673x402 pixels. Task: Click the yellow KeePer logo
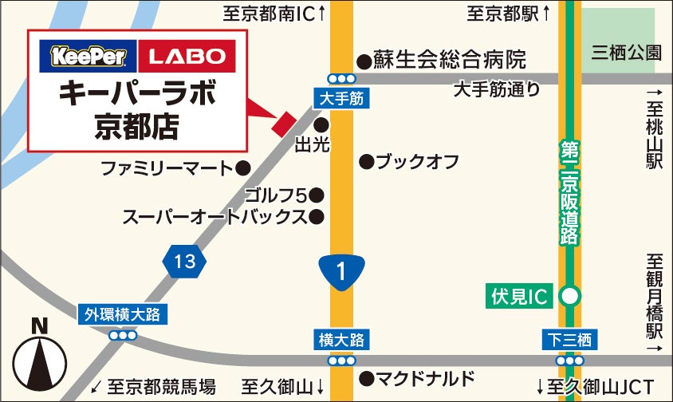pyautogui.click(x=88, y=56)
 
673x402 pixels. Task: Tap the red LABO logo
pyautogui.click(x=187, y=56)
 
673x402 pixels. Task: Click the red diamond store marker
pyautogui.click(x=284, y=124)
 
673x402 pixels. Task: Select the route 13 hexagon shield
pyautogui.click(x=183, y=261)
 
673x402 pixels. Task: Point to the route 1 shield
pyautogui.click(x=341, y=271)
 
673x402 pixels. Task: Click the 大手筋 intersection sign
pyautogui.click(x=341, y=99)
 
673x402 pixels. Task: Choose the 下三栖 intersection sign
pyautogui.click(x=569, y=340)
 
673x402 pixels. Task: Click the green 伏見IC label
pyautogui.click(x=519, y=297)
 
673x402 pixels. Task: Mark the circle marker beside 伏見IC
pyautogui.click(x=569, y=297)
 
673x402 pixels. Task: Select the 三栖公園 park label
pyautogui.click(x=627, y=53)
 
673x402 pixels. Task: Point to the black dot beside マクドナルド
pyautogui.click(x=366, y=378)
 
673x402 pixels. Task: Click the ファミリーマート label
pyautogui.click(x=167, y=168)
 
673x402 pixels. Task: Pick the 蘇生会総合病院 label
pyautogui.click(x=451, y=60)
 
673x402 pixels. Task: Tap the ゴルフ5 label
pyautogui.click(x=275, y=194)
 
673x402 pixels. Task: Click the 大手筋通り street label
pyautogui.click(x=496, y=89)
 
